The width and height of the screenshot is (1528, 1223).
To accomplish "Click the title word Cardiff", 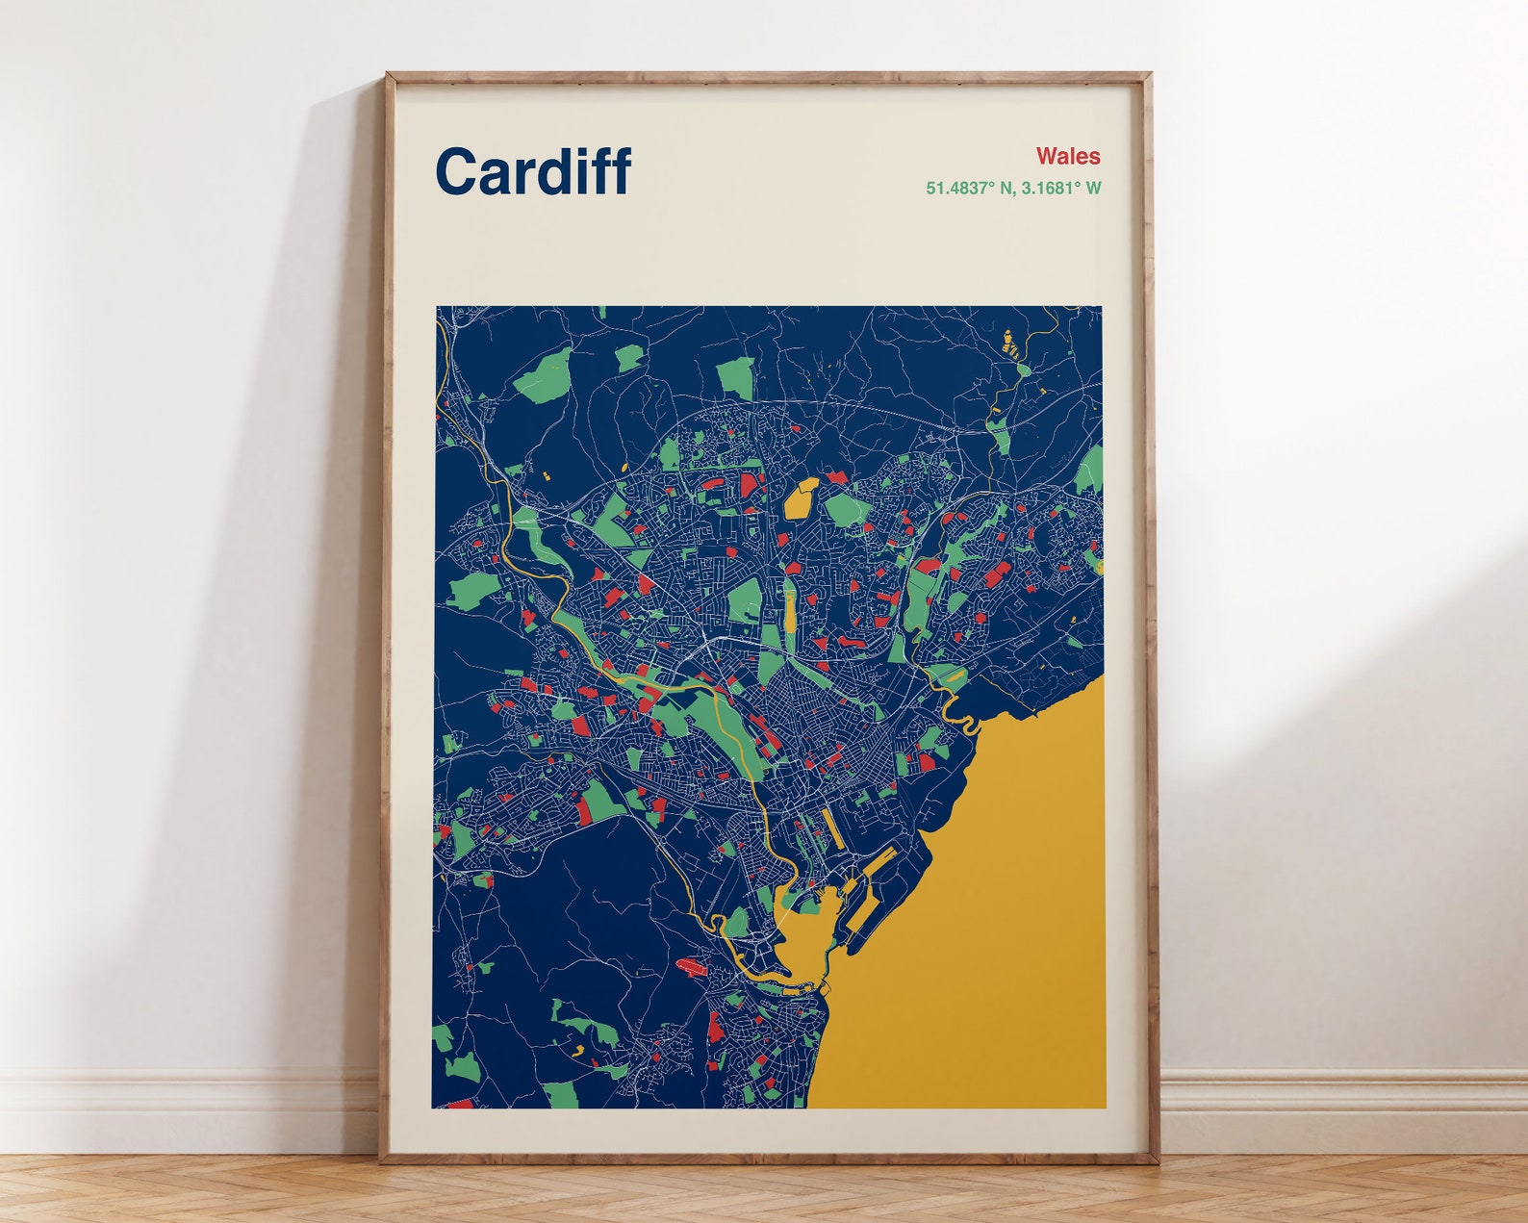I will click(533, 171).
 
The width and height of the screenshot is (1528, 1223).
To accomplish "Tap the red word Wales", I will click(1068, 156).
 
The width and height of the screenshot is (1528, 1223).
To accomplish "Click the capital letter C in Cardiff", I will click(457, 171).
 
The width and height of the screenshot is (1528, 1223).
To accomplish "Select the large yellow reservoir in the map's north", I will click(801, 498).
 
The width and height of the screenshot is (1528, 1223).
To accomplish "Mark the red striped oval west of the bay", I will click(692, 965).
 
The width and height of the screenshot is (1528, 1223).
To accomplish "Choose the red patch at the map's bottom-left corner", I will click(460, 1103).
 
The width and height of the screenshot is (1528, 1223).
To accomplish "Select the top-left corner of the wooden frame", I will click(388, 74).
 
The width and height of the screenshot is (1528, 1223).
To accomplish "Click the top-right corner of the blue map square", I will click(1102, 308).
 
